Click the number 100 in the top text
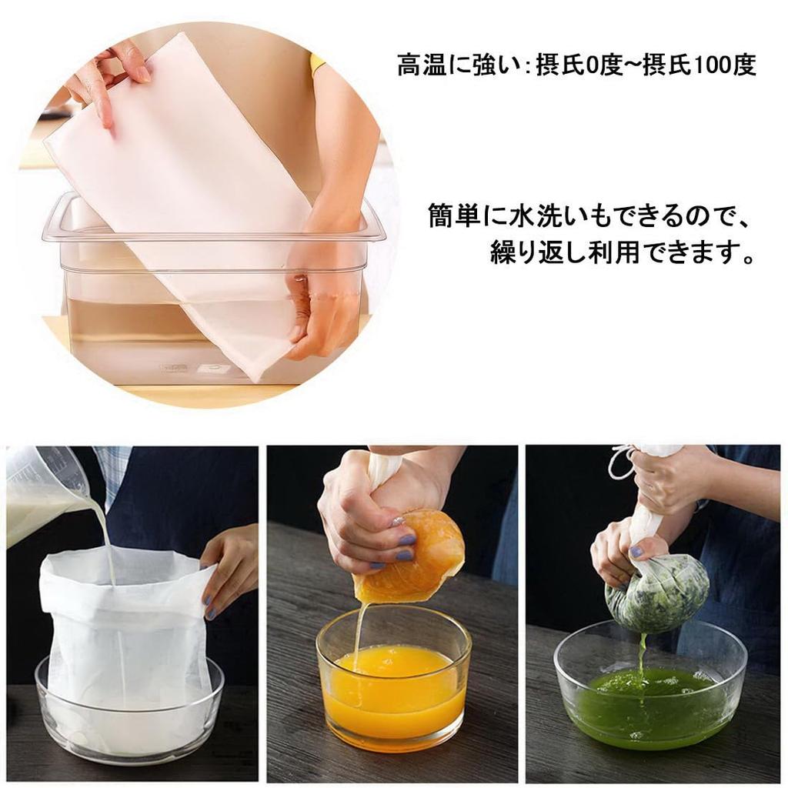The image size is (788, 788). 713,65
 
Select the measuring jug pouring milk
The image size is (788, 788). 42,492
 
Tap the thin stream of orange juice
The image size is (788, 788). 359,631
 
